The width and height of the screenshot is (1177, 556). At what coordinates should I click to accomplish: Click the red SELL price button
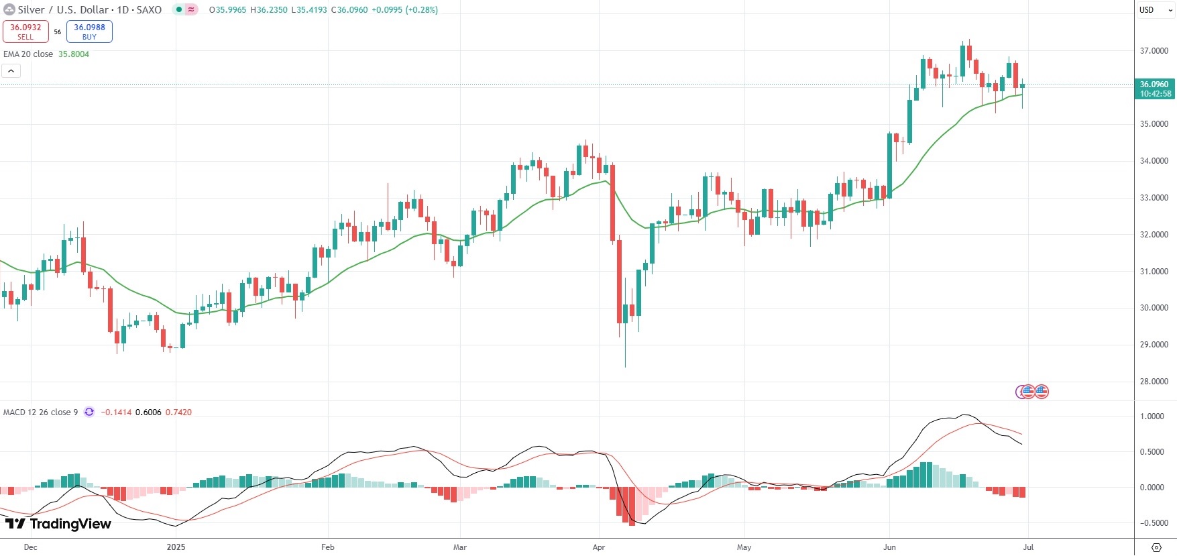tap(25, 32)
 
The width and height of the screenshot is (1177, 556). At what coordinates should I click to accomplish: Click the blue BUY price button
tap(89, 32)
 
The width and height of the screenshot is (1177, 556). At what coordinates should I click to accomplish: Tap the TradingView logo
tap(58, 524)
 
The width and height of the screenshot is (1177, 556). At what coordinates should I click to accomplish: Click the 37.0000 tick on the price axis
tap(1154, 51)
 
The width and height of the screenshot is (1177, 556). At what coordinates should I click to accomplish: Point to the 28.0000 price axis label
tap(1154, 382)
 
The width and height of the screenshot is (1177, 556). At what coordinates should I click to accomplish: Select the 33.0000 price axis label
tap(1154, 198)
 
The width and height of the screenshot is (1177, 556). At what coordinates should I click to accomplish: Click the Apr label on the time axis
tap(599, 547)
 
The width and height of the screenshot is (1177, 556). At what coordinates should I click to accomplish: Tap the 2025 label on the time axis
tap(176, 547)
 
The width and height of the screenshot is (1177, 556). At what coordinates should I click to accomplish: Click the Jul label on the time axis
tap(1027, 547)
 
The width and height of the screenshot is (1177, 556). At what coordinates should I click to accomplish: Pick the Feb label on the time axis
tap(327, 547)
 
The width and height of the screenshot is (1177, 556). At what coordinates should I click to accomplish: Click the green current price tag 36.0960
tap(1155, 89)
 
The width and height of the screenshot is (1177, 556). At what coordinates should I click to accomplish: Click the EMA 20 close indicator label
tap(28, 54)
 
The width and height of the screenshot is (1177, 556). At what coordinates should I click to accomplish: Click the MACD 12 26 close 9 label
tap(40, 412)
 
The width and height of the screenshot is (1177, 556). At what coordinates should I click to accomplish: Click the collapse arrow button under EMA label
tap(11, 70)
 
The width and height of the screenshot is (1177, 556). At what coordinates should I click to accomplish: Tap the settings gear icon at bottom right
tap(1156, 547)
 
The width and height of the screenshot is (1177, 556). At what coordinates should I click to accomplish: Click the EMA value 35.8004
tap(74, 54)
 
